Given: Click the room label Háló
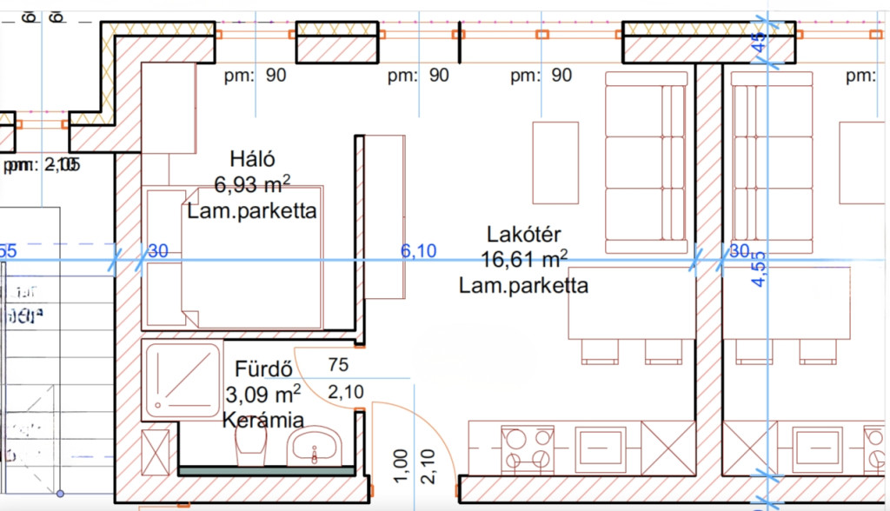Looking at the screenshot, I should click(252, 160).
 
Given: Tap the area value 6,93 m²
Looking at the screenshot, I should click(252, 184).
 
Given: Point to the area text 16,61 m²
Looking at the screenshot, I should click(524, 259).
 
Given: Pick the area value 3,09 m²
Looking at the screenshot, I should click(262, 395).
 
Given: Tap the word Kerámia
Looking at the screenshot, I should click(262, 421).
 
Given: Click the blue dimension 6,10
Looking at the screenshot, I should click(417, 252).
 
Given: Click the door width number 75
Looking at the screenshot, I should click(338, 365).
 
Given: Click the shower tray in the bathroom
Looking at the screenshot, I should click(182, 380).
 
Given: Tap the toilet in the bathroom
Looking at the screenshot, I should click(249, 448).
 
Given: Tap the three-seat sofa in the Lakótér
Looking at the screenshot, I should click(645, 163).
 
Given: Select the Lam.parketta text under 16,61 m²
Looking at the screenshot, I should click(523, 285).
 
